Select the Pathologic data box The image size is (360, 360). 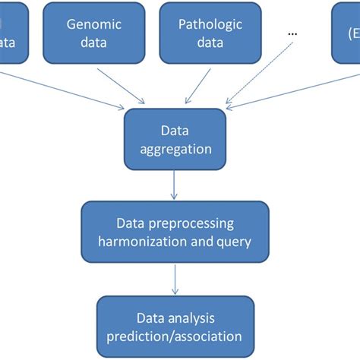210,33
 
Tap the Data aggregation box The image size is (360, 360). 175,139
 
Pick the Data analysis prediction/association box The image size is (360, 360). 175,327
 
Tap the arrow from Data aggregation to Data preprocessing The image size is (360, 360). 175,185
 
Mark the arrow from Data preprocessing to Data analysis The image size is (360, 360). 175,280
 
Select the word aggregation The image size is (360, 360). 175,149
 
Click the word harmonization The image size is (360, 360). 151,243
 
